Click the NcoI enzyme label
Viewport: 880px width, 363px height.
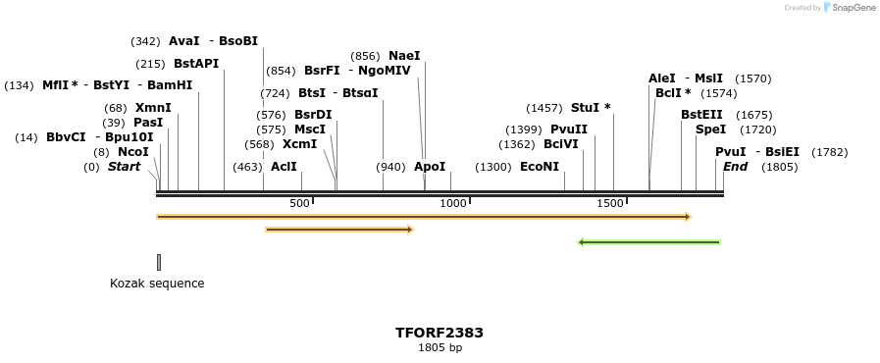pyautogui.click(x=133, y=152)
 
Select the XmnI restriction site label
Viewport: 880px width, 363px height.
pyautogui.click(x=153, y=108)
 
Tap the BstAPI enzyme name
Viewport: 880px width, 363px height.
pyautogui.click(x=196, y=64)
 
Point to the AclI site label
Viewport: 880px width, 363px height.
pyautogui.click(x=284, y=167)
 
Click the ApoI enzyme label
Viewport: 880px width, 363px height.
pyautogui.click(x=430, y=167)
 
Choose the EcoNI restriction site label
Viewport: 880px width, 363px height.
pyautogui.click(x=540, y=167)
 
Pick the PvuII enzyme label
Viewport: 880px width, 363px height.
pyautogui.click(x=569, y=130)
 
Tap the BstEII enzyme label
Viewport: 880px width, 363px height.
pyautogui.click(x=701, y=115)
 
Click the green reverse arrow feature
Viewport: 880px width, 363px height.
pyautogui.click(x=649, y=242)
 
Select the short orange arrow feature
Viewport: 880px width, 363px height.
pyautogui.click(x=339, y=230)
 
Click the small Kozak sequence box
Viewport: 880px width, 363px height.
pyautogui.click(x=159, y=262)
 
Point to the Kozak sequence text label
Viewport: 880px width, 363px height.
pyautogui.click(x=157, y=284)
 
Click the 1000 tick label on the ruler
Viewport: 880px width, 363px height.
pyautogui.click(x=453, y=203)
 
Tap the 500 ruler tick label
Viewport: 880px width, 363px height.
pyautogui.click(x=299, y=203)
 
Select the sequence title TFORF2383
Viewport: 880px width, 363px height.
pyautogui.click(x=440, y=333)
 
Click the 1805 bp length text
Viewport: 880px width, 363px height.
pyautogui.click(x=440, y=347)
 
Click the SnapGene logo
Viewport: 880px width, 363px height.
pyautogui.click(x=850, y=8)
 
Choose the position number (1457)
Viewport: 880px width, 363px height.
pyautogui.click(x=544, y=108)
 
